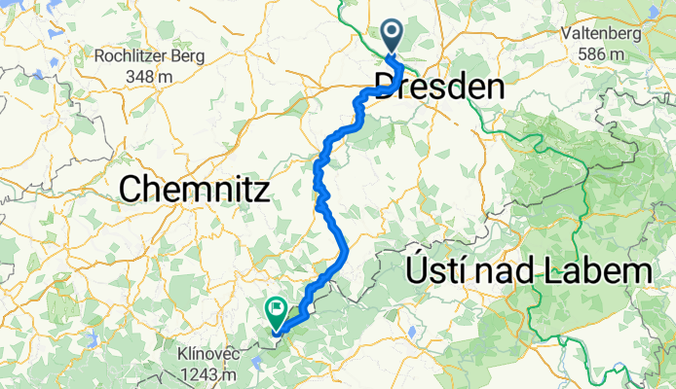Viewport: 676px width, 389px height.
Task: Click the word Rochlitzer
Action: (136, 56)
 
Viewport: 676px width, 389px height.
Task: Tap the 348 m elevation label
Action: (149, 75)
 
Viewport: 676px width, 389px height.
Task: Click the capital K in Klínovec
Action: (184, 354)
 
